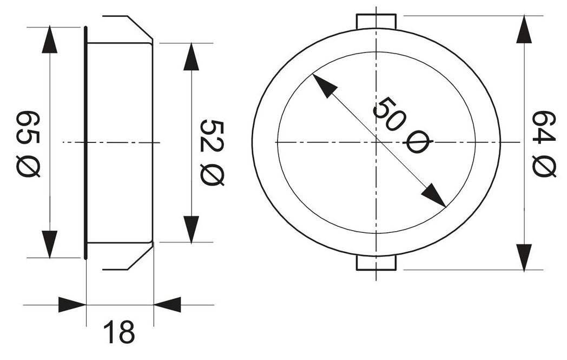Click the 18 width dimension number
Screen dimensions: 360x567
[118, 332]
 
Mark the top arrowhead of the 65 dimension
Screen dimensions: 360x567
[50, 40]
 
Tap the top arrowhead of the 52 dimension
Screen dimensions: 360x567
[191, 57]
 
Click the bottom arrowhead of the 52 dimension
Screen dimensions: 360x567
[191, 229]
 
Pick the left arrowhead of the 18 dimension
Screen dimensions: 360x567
[72, 304]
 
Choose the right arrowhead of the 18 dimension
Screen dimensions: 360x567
[168, 304]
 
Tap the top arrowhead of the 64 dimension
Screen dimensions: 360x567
[523, 30]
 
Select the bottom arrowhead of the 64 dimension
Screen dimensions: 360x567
[523, 256]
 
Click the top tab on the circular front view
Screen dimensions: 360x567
[377, 22]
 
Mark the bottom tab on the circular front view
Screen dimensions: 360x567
[377, 263]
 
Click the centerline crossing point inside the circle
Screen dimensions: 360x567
[377, 142]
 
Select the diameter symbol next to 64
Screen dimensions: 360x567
[544, 166]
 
